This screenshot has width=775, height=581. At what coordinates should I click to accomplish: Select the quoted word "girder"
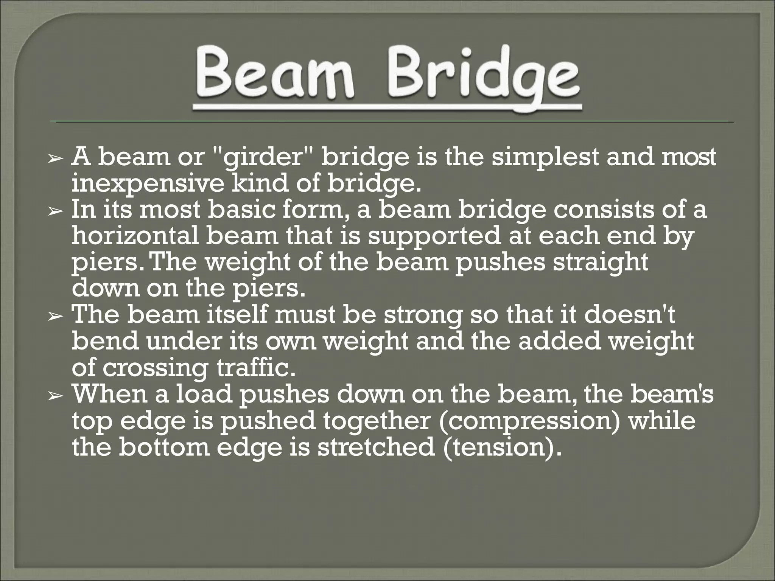[264, 158]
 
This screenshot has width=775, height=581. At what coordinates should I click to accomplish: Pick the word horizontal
[135, 236]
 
